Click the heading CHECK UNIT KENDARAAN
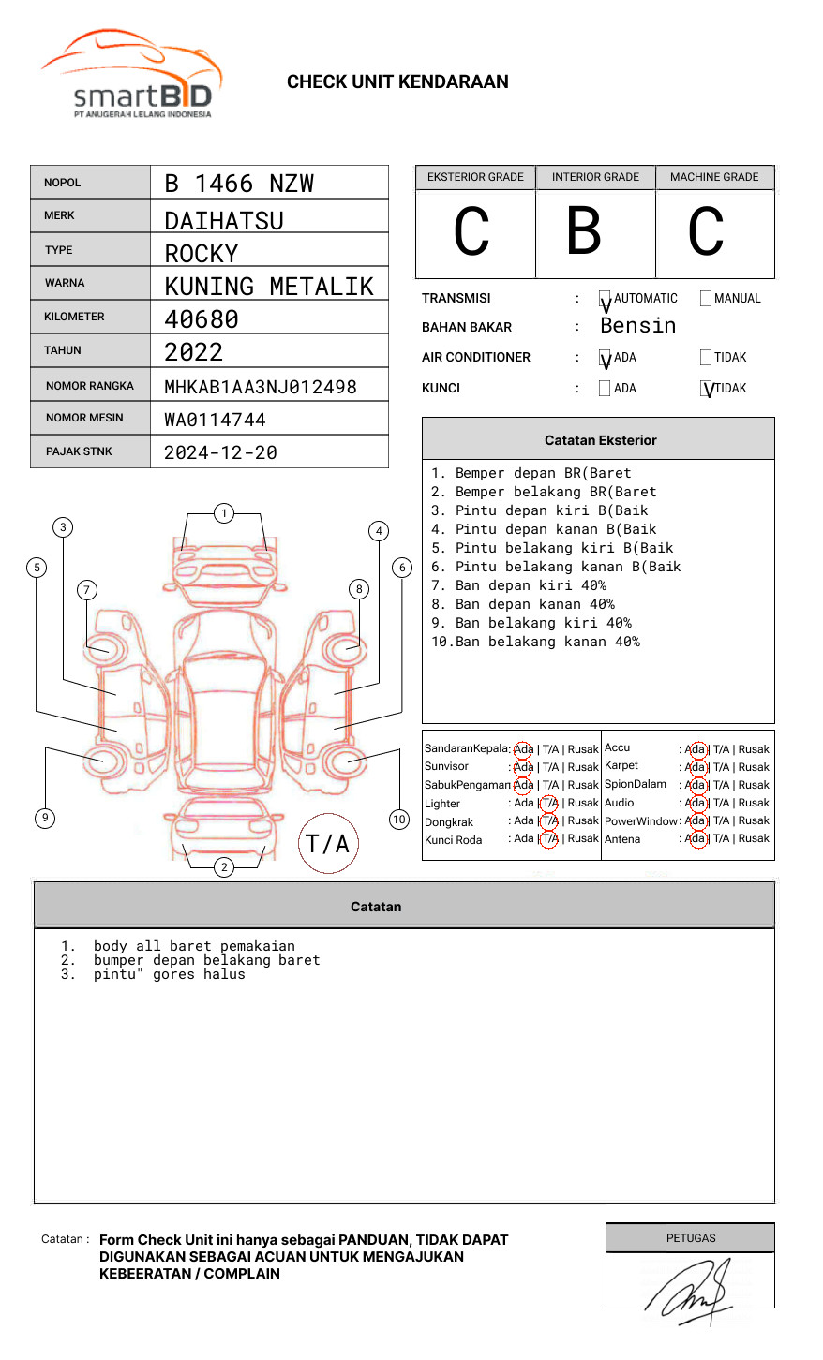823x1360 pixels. [x=397, y=82]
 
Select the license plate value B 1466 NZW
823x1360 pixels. [x=239, y=184]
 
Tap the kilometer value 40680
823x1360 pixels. [x=202, y=319]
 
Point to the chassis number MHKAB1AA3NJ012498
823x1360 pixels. [x=261, y=387]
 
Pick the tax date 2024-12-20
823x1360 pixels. [x=220, y=452]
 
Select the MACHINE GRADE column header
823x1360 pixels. [x=714, y=177]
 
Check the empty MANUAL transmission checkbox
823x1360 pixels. [x=706, y=299]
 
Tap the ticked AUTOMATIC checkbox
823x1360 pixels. [x=605, y=300]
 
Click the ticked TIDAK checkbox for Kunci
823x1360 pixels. [x=707, y=389]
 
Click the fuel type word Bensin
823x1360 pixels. [x=637, y=326]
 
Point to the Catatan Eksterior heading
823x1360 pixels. [x=600, y=440]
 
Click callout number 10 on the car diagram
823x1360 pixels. [x=399, y=820]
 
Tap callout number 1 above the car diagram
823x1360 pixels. [x=223, y=513]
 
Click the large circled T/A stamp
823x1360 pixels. [x=327, y=844]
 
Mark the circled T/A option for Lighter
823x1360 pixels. [x=549, y=803]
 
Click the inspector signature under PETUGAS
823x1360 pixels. [x=689, y=1291]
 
